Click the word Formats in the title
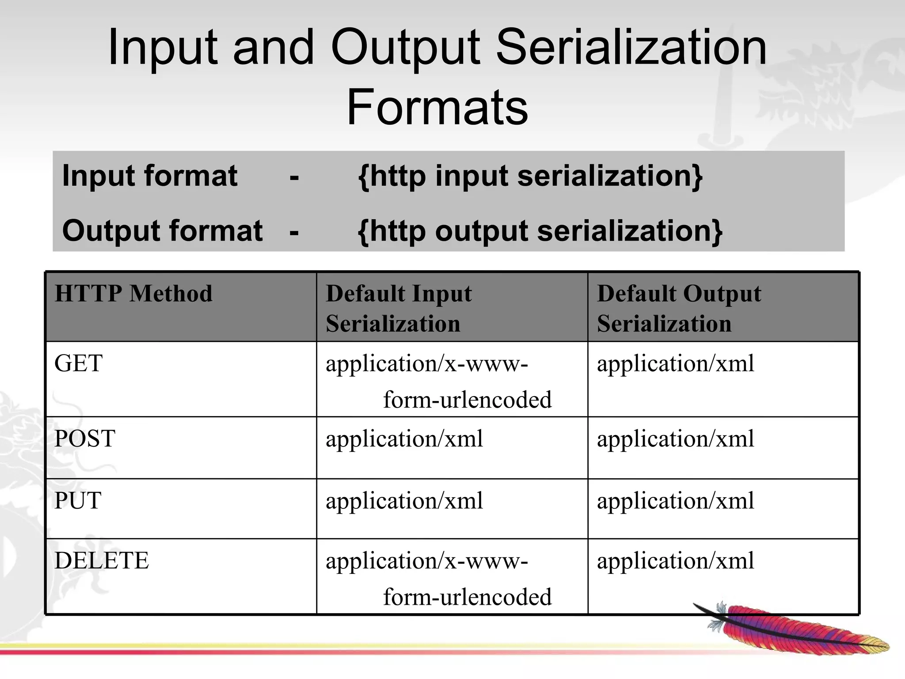pyautogui.click(x=437, y=107)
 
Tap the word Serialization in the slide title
pyautogui.click(x=631, y=47)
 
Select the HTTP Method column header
pyautogui.click(x=133, y=294)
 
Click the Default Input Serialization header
pyautogui.click(x=398, y=308)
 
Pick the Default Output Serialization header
pyautogui.click(x=678, y=308)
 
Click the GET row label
pyautogui.click(x=78, y=363)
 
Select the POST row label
pyautogui.click(x=85, y=439)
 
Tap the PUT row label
pyautogui.click(x=78, y=500)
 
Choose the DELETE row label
pyautogui.click(x=102, y=561)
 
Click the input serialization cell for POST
pyautogui.click(x=404, y=439)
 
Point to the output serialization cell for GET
pyautogui.click(x=675, y=363)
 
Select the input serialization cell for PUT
pyautogui.click(x=404, y=500)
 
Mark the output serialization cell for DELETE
pyautogui.click(x=675, y=561)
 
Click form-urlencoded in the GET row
pyautogui.click(x=467, y=400)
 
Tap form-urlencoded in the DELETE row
pyautogui.click(x=467, y=597)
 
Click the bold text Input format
pyautogui.click(x=150, y=176)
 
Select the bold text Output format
pyautogui.click(x=162, y=231)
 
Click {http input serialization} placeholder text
pyautogui.click(x=530, y=176)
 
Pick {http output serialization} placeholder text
pyautogui.click(x=540, y=231)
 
